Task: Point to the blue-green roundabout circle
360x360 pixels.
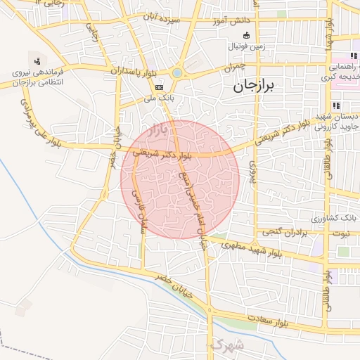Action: (x=176, y=72)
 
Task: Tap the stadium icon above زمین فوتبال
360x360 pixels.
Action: (x=245, y=36)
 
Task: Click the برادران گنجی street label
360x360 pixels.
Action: (x=285, y=231)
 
